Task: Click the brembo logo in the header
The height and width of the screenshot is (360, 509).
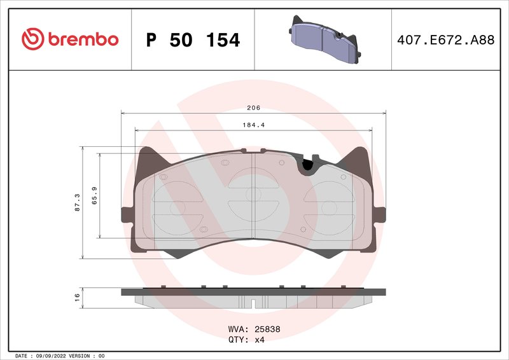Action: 70,39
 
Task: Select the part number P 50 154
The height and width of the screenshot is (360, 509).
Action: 193,40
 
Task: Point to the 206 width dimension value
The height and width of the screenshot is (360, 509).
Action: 254,108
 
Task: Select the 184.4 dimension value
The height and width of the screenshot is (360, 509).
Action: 254,125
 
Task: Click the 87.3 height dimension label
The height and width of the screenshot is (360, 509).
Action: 78,203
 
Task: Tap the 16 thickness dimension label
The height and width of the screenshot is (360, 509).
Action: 78,296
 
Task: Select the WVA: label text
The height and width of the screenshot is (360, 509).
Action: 239,329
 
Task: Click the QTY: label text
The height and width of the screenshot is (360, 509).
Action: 239,340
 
